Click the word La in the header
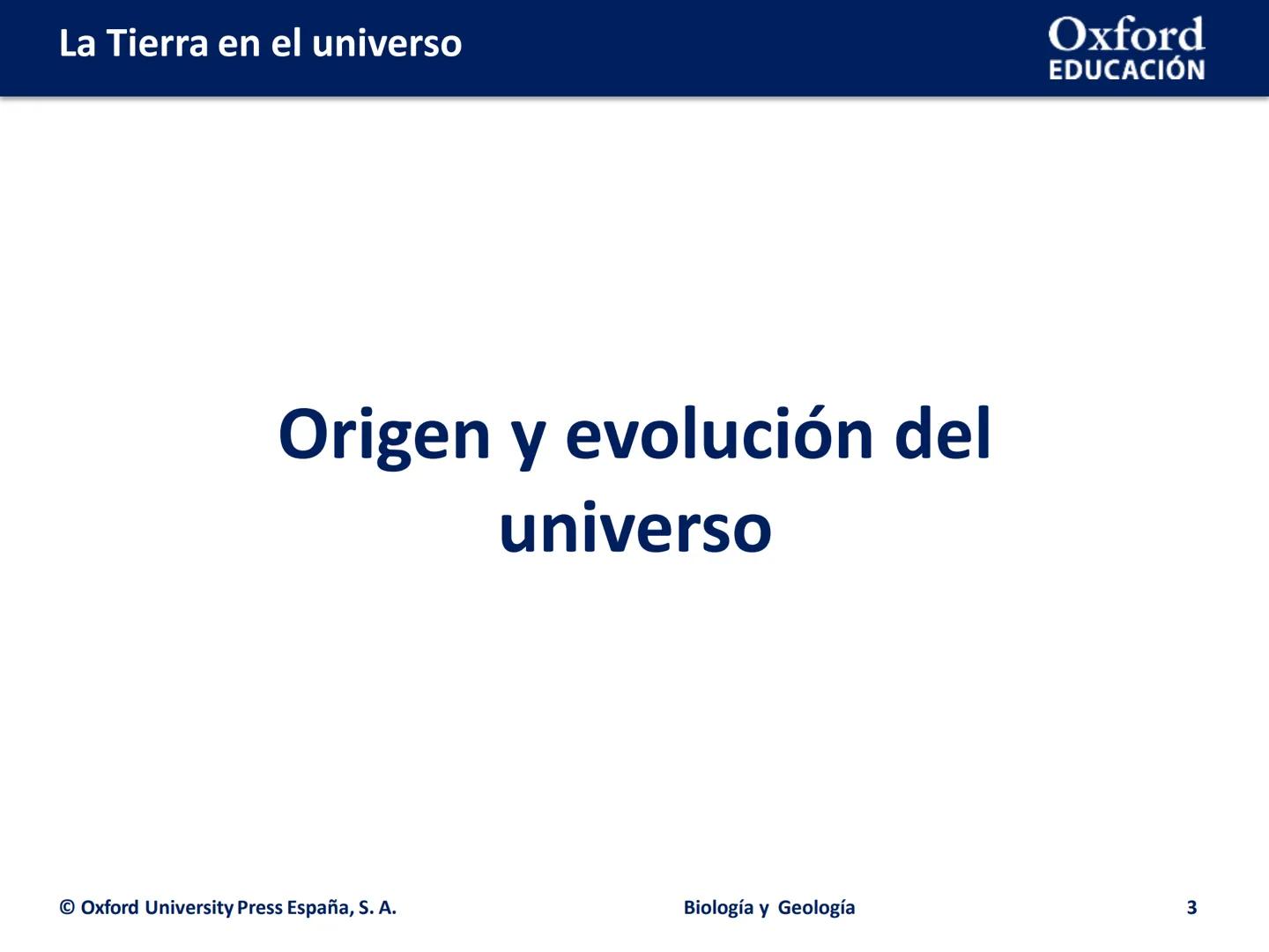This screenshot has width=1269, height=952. point(78,43)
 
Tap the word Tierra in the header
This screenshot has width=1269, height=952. point(158,43)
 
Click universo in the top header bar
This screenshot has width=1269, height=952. point(387,44)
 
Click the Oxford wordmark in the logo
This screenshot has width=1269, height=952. point(1126,35)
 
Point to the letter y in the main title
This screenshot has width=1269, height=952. point(529,441)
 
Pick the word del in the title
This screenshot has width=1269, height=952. point(943,434)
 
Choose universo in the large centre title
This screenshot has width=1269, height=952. point(635,529)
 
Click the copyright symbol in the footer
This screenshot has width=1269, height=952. point(67,908)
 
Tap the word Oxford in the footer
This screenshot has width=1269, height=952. point(110,908)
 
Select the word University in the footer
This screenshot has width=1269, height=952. point(189,908)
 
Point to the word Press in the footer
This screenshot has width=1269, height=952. point(260,908)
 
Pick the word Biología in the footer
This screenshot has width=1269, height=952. point(718,908)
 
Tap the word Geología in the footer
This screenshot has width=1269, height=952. point(817,908)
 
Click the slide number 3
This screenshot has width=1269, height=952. point(1191,908)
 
